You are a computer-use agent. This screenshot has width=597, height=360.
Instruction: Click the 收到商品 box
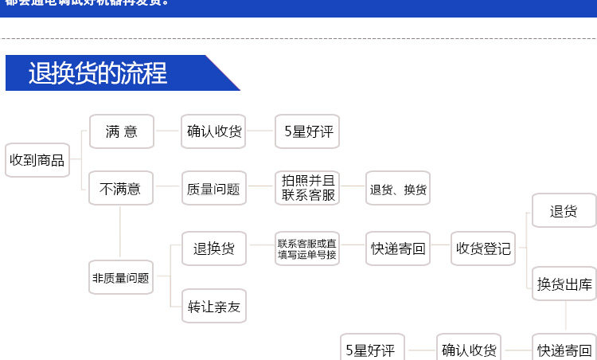[x=37, y=160]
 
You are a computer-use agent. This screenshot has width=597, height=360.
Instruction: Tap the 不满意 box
[x=120, y=189]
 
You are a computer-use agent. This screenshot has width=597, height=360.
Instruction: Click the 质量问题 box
[x=213, y=189]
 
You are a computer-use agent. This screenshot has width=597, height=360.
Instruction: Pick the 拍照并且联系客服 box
[x=307, y=188]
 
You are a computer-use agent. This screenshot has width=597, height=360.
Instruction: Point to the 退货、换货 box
[x=397, y=190]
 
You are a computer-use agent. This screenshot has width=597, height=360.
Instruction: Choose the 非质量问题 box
[x=120, y=278]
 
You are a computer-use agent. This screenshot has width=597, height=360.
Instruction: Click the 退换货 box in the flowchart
[x=213, y=248]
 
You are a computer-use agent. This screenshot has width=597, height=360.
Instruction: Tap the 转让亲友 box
[x=213, y=306]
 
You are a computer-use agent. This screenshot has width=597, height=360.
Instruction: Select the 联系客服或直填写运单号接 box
[x=307, y=248]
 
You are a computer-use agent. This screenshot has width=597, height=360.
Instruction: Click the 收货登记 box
[x=483, y=248]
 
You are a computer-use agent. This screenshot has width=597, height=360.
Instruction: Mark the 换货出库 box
[x=564, y=284]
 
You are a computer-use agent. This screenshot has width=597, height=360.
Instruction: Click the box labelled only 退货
[x=564, y=212]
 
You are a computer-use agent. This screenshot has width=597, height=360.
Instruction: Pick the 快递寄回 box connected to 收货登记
[x=398, y=248]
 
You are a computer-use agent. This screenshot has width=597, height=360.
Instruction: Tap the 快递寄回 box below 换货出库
[x=564, y=349]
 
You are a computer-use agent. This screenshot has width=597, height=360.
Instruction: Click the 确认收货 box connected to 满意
[x=213, y=131]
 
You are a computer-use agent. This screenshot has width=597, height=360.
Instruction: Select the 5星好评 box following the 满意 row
[x=307, y=131]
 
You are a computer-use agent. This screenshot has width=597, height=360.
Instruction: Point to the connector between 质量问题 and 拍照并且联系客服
[x=260, y=189]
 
